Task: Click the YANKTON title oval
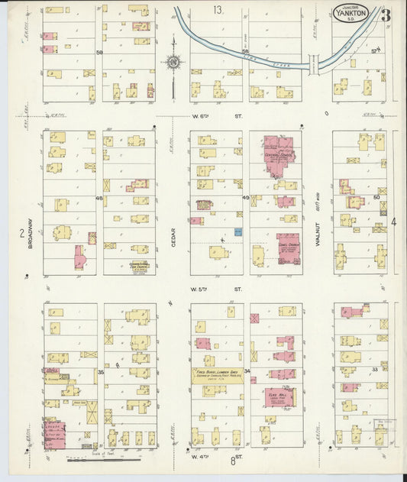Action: (x=354, y=12)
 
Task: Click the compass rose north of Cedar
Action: (x=173, y=62)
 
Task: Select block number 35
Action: (x=100, y=372)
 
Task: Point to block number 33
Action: (x=375, y=370)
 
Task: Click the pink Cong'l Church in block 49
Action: (x=289, y=249)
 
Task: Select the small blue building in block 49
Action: (x=237, y=231)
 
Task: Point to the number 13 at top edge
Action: (x=218, y=10)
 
